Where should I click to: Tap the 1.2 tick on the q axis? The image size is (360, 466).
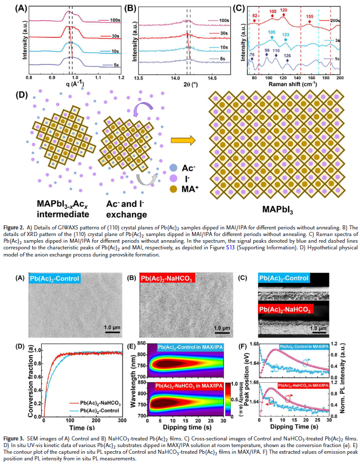(121, 77)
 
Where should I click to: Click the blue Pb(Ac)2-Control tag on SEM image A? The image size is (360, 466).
(55, 278)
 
